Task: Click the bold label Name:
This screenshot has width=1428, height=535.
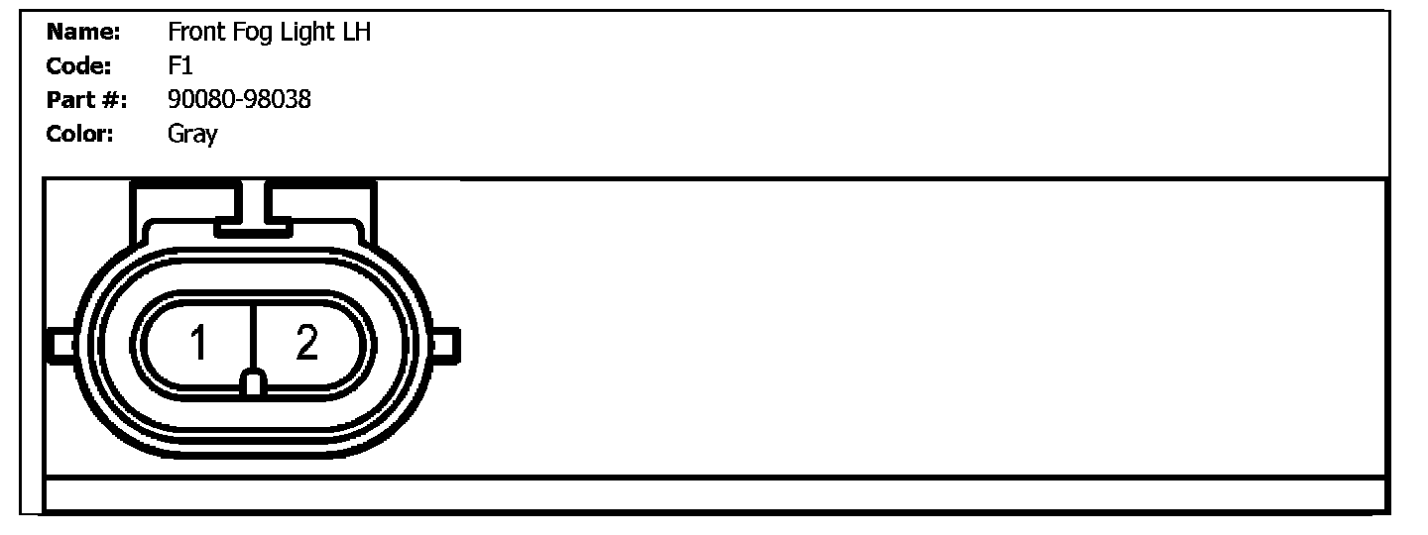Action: pos(83,33)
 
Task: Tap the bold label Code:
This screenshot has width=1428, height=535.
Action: pos(79,66)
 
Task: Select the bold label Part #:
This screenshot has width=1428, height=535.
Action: pos(87,100)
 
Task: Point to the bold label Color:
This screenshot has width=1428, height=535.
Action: pos(80,134)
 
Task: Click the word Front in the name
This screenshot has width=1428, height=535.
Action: pos(195,33)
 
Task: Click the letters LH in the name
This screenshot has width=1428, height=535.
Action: pos(357,33)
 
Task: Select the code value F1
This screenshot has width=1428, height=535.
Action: pos(179,66)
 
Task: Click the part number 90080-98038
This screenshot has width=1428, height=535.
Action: pos(239,100)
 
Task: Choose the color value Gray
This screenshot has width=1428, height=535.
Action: pos(192,134)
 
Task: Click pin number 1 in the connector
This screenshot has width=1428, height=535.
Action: pos(199,344)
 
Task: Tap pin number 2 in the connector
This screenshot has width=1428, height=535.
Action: pos(307,343)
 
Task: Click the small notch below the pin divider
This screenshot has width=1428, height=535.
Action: pos(254,384)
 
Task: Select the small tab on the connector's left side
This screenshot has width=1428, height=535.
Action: pos(60,345)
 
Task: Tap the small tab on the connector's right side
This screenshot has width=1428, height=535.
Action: pos(446,345)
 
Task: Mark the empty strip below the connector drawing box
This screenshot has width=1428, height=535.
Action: pos(714,493)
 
